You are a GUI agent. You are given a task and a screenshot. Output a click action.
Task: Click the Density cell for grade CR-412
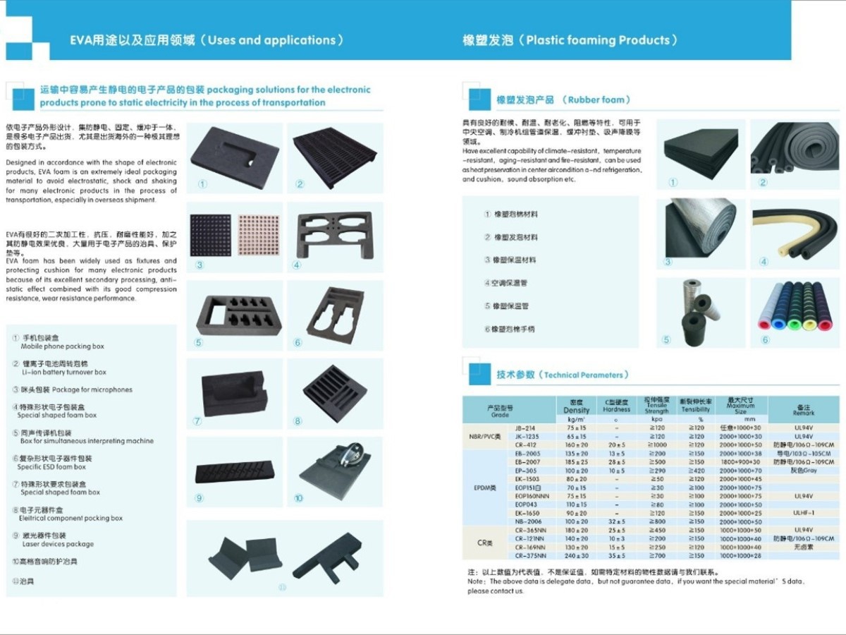point(576,445)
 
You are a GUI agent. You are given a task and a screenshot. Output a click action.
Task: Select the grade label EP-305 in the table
point(525,471)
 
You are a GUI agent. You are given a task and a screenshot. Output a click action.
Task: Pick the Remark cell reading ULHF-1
point(804,514)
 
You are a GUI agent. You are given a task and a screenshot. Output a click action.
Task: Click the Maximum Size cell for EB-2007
point(740,462)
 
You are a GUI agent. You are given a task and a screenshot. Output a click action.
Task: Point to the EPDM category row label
point(483,488)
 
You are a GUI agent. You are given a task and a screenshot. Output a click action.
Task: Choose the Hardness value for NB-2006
point(616,522)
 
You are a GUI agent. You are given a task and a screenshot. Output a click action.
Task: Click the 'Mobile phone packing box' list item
point(62,346)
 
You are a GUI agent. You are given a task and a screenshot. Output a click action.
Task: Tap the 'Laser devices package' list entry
point(58,544)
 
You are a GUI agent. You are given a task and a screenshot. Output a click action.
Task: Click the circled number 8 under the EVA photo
point(298,421)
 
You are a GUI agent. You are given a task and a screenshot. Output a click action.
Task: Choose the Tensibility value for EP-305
point(696,471)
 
